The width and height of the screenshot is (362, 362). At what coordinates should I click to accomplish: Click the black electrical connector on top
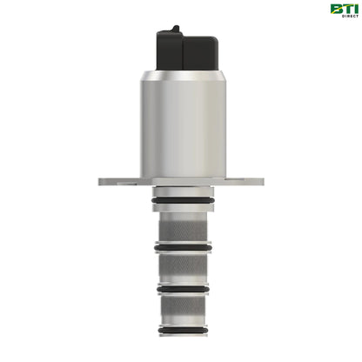181,44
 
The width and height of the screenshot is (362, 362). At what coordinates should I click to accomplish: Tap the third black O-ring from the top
181,287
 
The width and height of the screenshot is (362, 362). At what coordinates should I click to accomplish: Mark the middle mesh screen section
181,271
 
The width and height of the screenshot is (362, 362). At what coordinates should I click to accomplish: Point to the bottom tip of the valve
181,344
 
